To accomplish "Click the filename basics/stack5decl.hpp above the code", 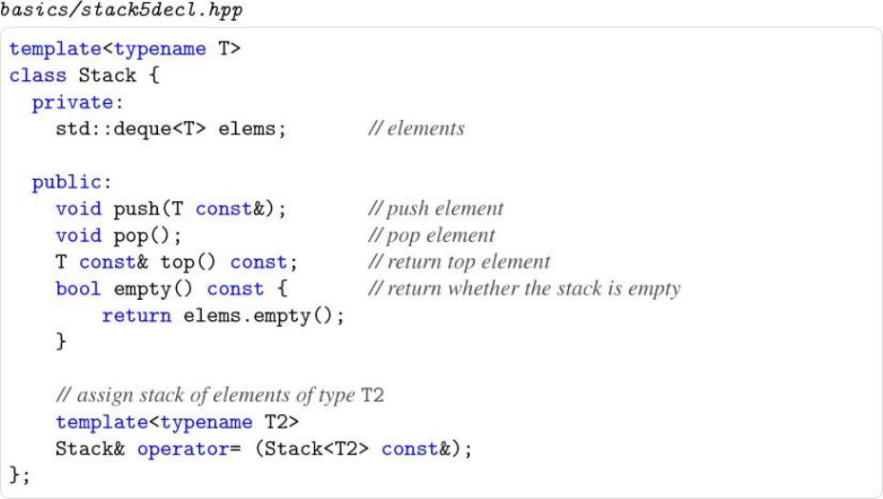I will [122, 12].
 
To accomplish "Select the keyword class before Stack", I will [38, 75].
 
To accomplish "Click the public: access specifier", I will [72, 182].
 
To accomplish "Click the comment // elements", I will [416, 129].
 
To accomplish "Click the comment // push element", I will [435, 209].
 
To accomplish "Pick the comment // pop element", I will [431, 235].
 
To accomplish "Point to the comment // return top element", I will [459, 262].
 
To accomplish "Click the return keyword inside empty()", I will [136, 315].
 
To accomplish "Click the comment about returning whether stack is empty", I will [523, 289].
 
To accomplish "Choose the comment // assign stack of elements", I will [220, 394].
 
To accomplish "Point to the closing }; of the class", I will [19, 474].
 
